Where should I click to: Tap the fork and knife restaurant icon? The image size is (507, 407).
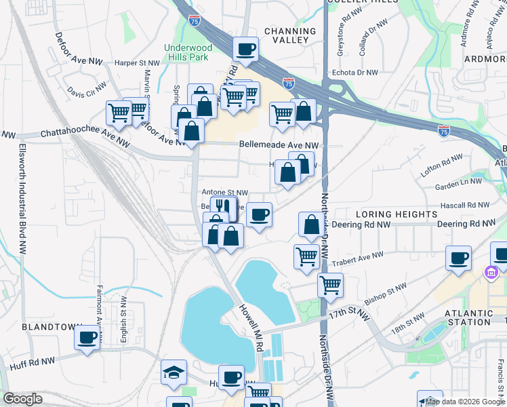pyautogui.click(x=223, y=207)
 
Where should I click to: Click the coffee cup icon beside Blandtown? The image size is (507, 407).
pyautogui.click(x=87, y=337)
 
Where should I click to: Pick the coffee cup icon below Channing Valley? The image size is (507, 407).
pyautogui.click(x=245, y=49)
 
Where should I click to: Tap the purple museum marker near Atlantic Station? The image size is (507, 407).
pyautogui.click(x=490, y=273)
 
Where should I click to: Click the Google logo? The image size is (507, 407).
pyautogui.click(x=23, y=399)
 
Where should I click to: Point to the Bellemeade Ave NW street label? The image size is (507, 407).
pyautogui.click(x=279, y=145)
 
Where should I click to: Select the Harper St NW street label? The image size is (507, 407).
pyautogui.click(x=136, y=62)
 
